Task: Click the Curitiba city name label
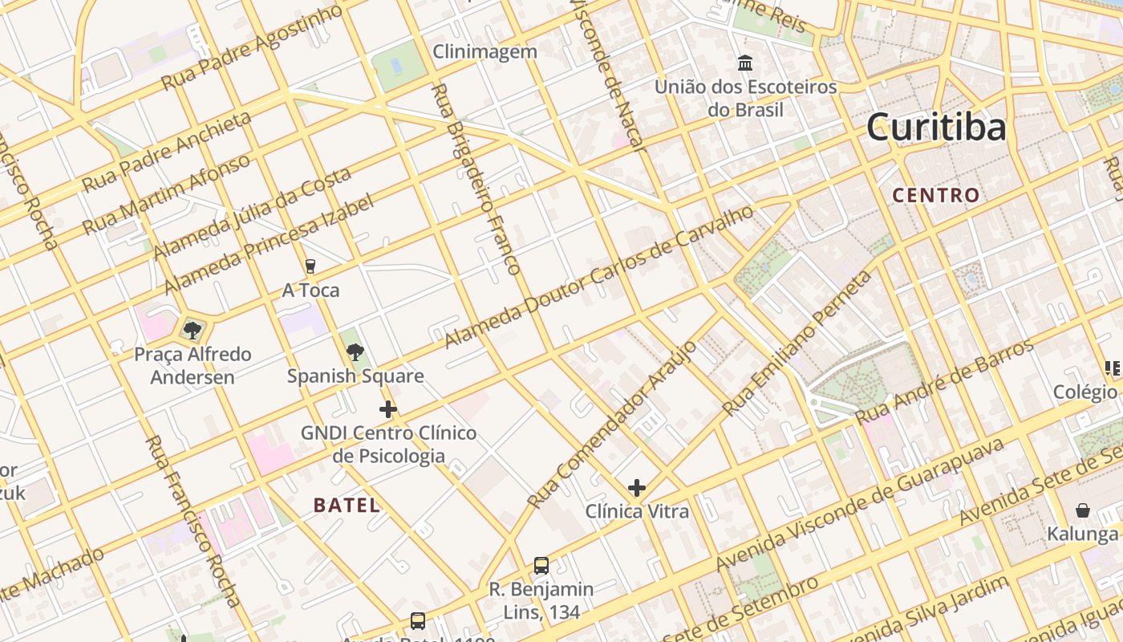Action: coord(935,128)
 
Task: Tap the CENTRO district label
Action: coord(936,195)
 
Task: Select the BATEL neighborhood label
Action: coord(347,505)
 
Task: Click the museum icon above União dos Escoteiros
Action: coord(745,63)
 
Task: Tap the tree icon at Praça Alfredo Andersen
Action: coord(192,330)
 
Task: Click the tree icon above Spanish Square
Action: coord(355,351)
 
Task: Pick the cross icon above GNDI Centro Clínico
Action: coord(388,409)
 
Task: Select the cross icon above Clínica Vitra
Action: coord(637,488)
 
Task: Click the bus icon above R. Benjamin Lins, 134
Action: coord(541,566)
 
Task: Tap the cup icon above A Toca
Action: coord(310,266)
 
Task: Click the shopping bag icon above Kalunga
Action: coord(1082,510)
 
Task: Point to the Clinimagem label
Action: coord(484,52)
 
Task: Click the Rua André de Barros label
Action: coord(945,383)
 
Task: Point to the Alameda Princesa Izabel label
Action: coord(269,244)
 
